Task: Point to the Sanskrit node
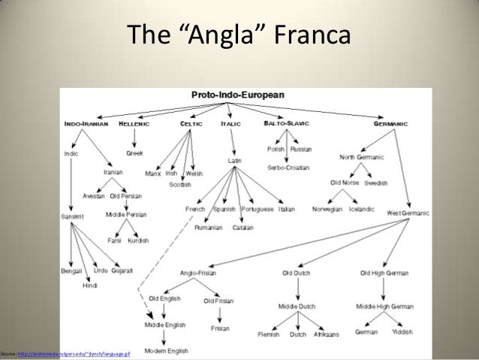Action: point(74,216)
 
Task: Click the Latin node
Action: point(234,161)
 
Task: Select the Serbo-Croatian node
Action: point(288,168)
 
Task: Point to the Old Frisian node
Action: point(218,301)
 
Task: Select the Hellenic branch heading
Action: point(134,123)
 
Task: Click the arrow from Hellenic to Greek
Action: point(135,138)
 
